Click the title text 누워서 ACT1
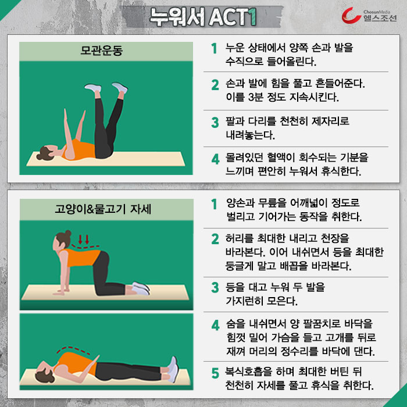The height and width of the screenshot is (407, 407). pyautogui.click(x=203, y=17)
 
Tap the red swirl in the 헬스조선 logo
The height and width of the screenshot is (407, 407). pyautogui.click(x=351, y=16)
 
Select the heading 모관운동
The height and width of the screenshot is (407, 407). pyautogui.click(x=102, y=51)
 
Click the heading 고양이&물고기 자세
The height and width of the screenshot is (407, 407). pyautogui.click(x=103, y=209)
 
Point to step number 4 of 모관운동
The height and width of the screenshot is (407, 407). pyautogui.click(x=215, y=159)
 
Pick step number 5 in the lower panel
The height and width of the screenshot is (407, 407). pyautogui.click(x=215, y=373)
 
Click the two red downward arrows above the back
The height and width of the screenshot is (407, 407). pyautogui.click(x=84, y=240)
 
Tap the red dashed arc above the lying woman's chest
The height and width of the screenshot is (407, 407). pyautogui.click(x=73, y=349)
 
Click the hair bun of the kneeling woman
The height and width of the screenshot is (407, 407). pyautogui.click(x=68, y=233)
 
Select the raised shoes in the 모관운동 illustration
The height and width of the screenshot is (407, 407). pyautogui.click(x=106, y=88)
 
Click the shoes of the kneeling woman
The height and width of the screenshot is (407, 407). pyautogui.click(x=141, y=288)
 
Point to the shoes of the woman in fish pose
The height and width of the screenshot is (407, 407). pyautogui.click(x=173, y=369)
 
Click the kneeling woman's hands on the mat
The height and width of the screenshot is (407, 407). pyautogui.click(x=62, y=291)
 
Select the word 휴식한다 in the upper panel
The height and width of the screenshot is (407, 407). pyautogui.click(x=341, y=172)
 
